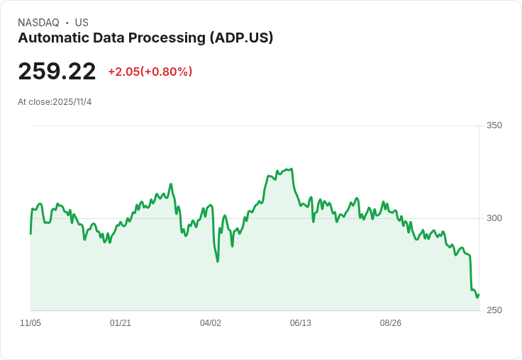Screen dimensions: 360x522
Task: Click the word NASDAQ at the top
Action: pos(38,23)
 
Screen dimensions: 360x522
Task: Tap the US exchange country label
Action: pos(82,23)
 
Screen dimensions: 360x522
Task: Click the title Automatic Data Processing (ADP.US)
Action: pos(145,38)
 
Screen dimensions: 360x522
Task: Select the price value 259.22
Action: pos(57,72)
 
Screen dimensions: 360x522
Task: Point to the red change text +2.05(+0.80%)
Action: pos(150,72)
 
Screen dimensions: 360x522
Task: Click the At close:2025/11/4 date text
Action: pos(55,102)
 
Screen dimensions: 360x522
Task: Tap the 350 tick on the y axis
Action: pos(494,125)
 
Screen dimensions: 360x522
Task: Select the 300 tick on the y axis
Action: pos(494,218)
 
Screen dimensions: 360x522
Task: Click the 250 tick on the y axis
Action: pos(494,310)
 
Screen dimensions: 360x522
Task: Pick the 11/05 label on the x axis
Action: pos(30,323)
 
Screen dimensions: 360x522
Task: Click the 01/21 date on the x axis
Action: pos(121,323)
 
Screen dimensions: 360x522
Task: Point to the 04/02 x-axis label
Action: pos(211,323)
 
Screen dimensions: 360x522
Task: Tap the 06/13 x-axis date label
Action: pos(301,323)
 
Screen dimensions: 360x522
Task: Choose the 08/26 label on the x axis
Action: pos(391,323)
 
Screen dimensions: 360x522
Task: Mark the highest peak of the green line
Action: pos(291,169)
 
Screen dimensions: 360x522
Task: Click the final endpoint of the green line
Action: pos(479,295)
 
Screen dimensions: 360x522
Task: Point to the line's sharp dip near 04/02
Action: pos(218,261)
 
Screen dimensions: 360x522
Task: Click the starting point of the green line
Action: pos(30,233)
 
